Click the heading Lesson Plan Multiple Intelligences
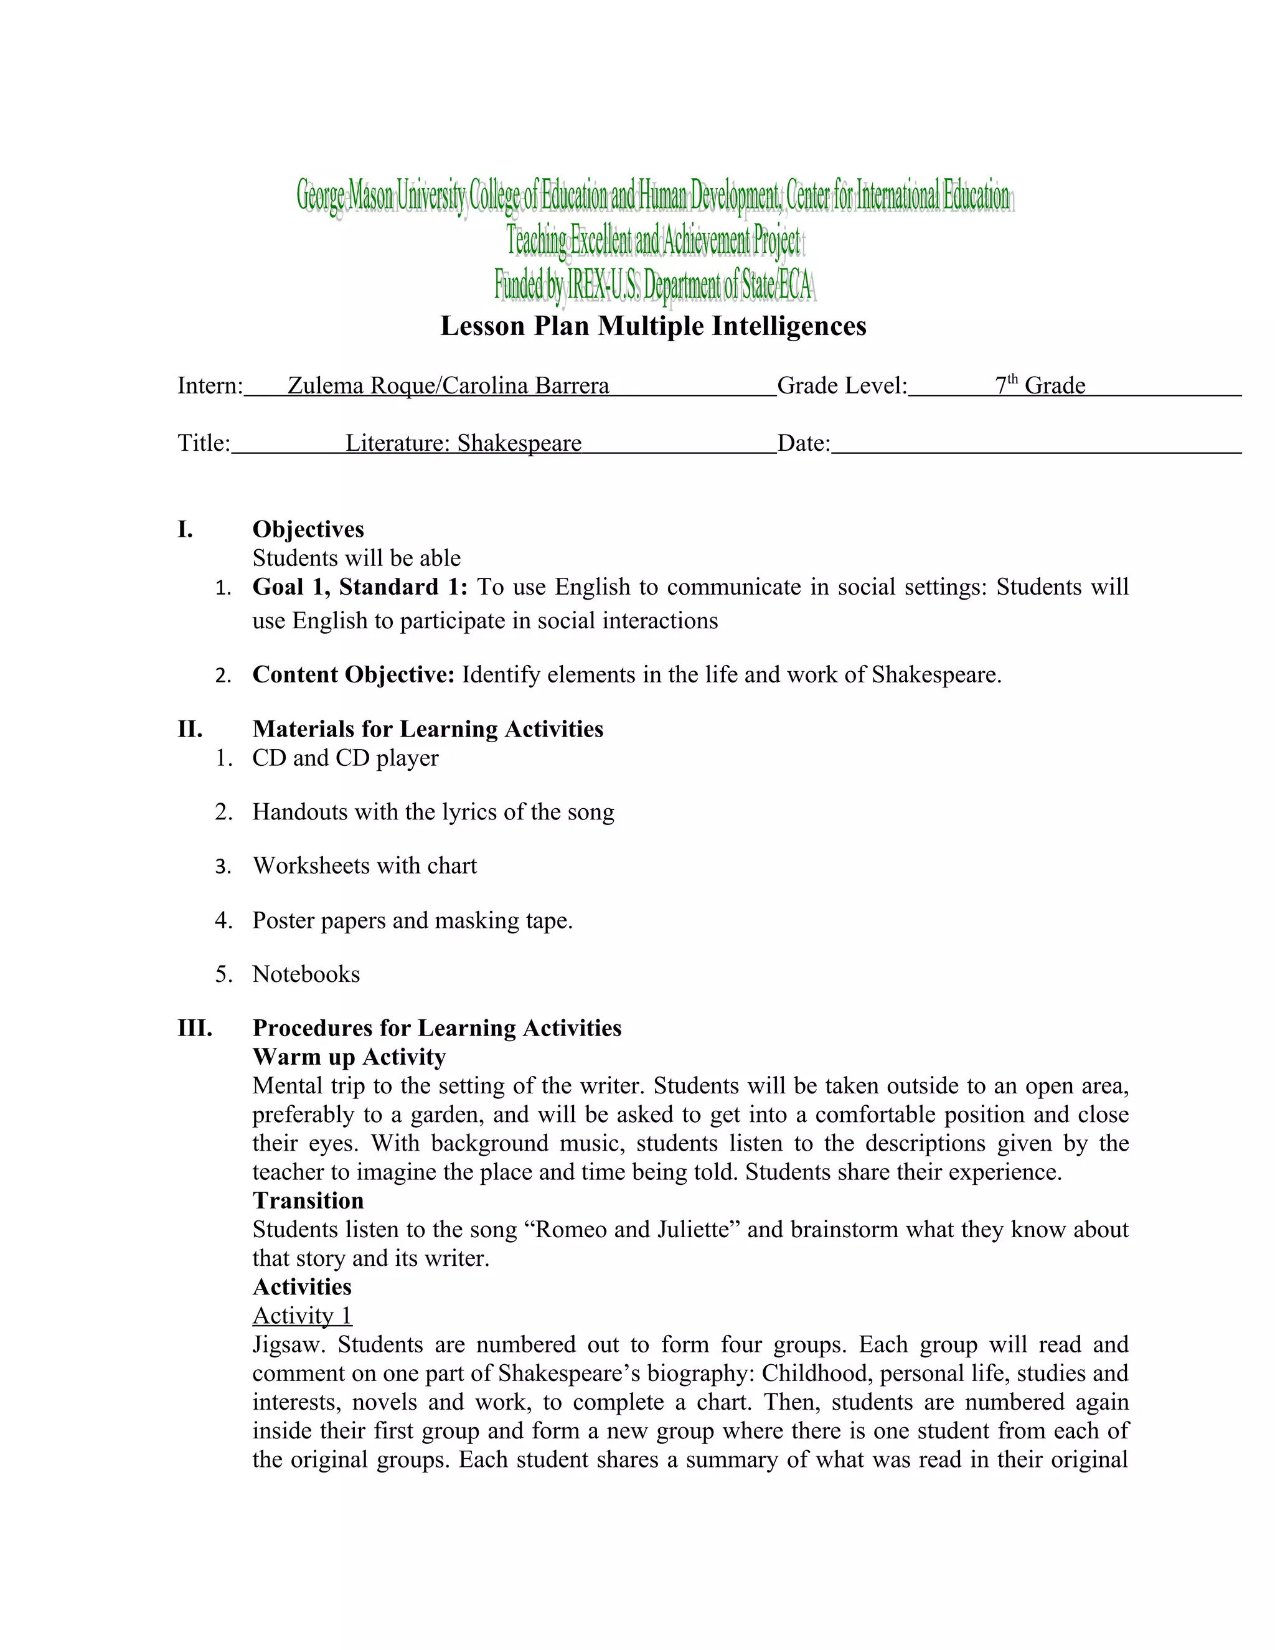(652, 326)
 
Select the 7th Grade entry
(1040, 385)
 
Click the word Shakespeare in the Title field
(519, 443)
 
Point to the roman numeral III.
(194, 1027)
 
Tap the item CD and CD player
(344, 758)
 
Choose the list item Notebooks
(306, 974)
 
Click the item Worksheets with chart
(364, 866)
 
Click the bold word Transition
(308, 1200)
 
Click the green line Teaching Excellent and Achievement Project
(652, 241)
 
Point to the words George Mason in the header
(345, 196)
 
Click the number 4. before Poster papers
(223, 920)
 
